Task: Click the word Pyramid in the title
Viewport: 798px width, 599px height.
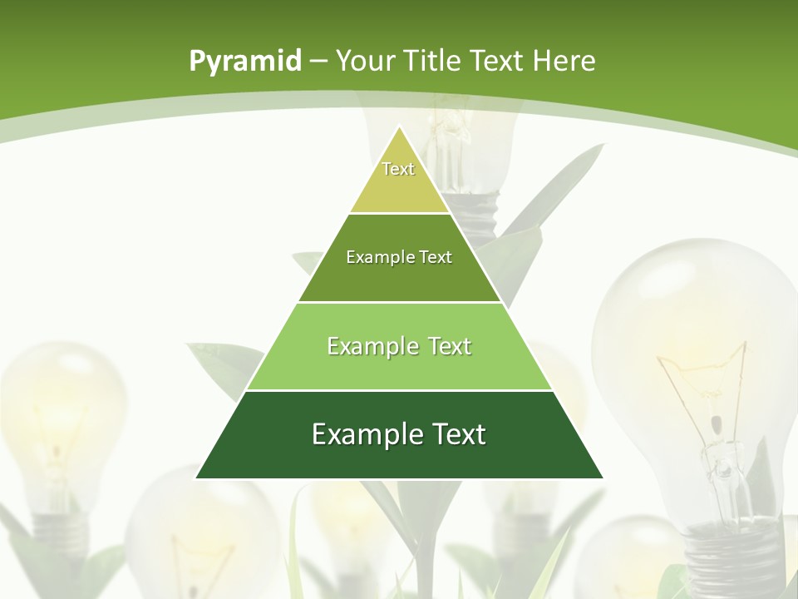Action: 244,61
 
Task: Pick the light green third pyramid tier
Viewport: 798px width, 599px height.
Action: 399,366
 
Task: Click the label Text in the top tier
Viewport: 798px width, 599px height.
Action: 398,169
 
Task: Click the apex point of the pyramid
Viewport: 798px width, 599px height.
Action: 400,127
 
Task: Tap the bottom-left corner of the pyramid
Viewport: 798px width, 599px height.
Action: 197,478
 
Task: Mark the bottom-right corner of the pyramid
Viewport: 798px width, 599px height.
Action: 602,478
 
